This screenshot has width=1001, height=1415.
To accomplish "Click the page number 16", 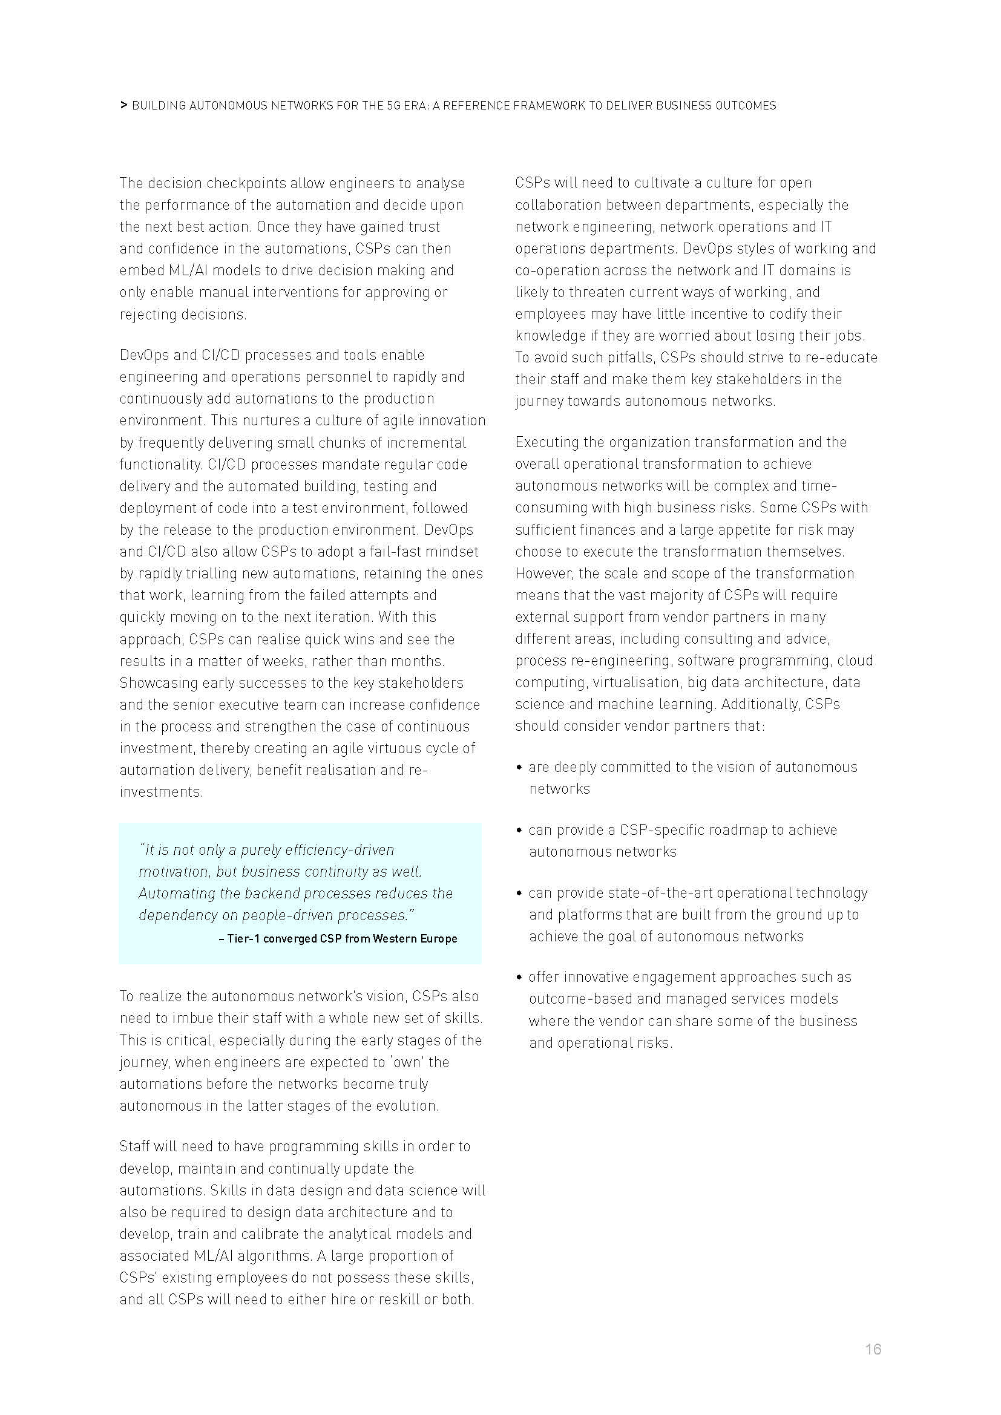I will [873, 1349].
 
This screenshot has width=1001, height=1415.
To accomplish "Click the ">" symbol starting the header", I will [124, 105].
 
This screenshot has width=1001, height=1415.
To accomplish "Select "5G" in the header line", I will [394, 105].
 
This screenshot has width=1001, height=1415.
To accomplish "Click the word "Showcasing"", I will [158, 683].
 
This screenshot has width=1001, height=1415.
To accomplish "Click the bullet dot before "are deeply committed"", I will [520, 767].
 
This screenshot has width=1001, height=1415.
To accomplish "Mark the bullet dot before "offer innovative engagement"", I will [520, 978].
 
